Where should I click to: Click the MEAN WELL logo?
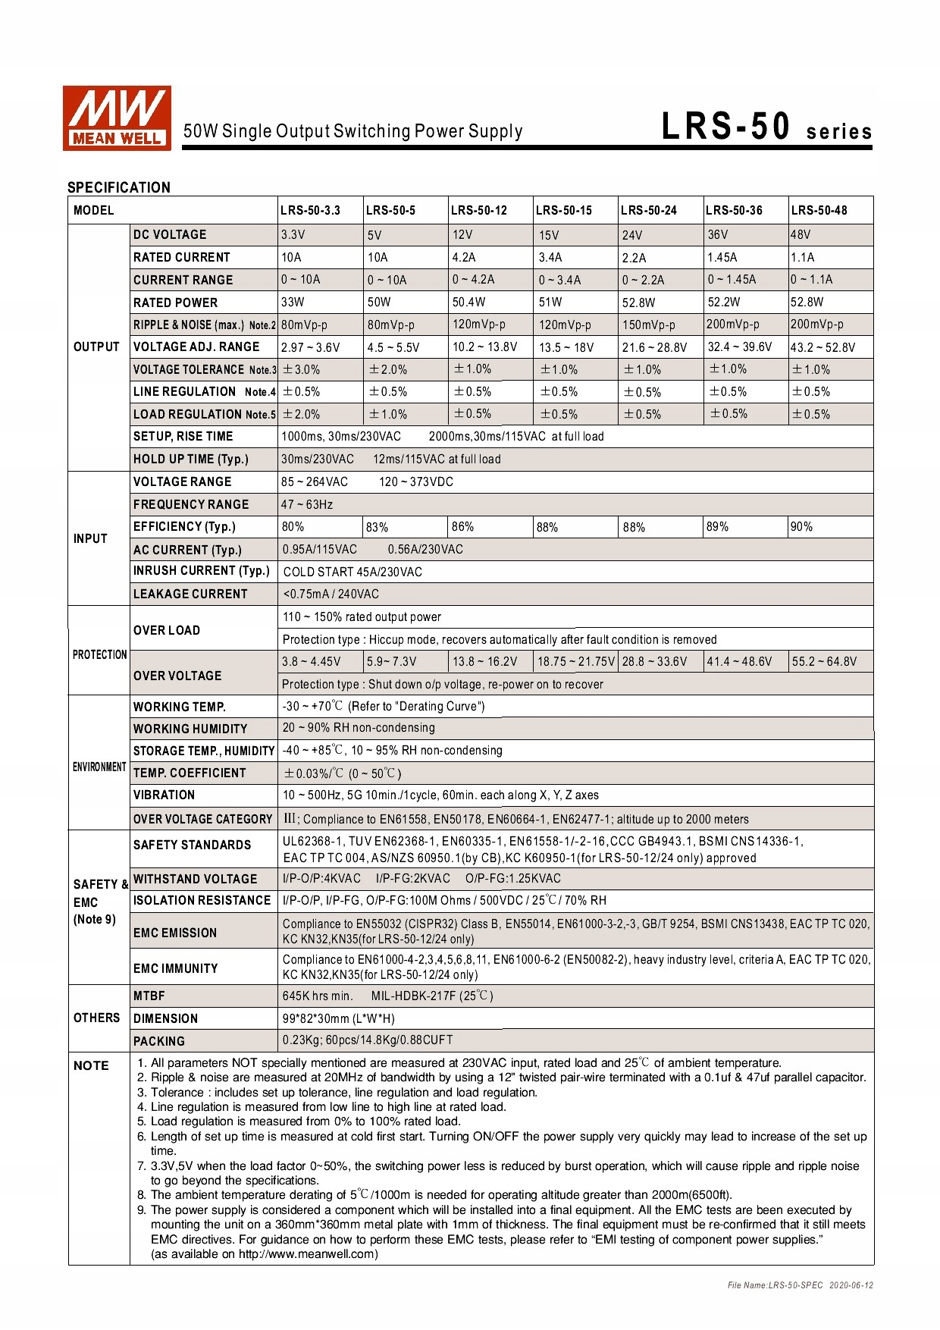pos(117,118)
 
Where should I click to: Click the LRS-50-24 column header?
pos(648,210)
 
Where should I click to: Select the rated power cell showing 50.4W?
pos(469,302)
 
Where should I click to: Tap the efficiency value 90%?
pos(801,526)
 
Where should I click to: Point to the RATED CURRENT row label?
pos(182,257)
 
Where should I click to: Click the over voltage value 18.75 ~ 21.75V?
pos(576,661)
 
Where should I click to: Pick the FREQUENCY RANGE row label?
pos(191,504)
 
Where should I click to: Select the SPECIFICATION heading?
pos(119,187)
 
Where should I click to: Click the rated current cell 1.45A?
pos(722,257)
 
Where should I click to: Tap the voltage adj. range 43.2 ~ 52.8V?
pos(822,347)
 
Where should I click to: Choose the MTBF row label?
pos(149,996)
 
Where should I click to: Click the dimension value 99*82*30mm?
pos(339,1018)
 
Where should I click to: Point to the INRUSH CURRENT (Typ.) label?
pos(202,570)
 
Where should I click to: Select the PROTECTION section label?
pos(99,654)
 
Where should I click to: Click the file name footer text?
pos(800,1285)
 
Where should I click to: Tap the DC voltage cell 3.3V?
pos(293,234)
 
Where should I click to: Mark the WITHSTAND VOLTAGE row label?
pos(196,879)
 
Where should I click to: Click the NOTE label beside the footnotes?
pos(91,1065)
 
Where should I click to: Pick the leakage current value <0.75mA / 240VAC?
pos(331,594)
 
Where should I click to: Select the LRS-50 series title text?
pos(766,127)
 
